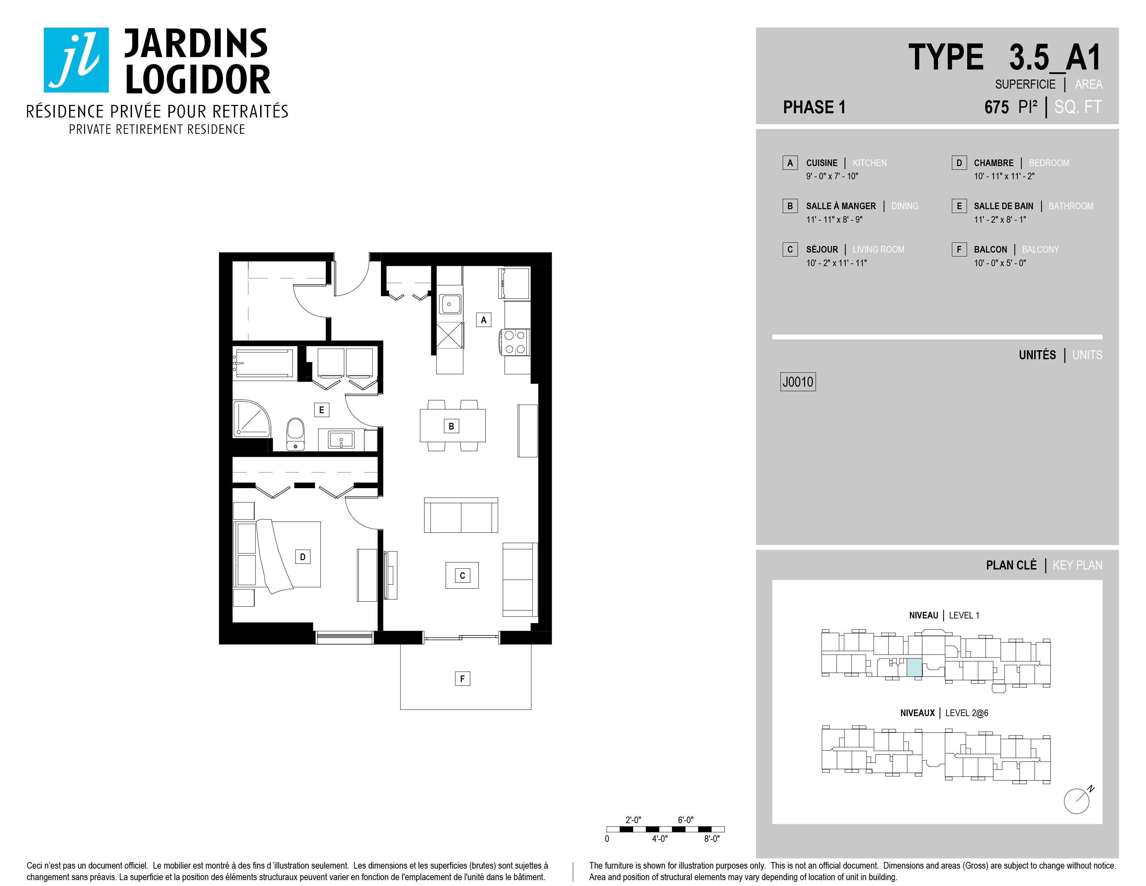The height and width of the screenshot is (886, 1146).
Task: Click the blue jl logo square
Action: tap(76, 60)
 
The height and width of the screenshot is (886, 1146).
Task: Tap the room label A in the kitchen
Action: tap(483, 320)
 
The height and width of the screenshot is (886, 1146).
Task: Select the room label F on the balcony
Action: tap(462, 679)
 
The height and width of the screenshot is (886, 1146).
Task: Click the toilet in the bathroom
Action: tap(296, 434)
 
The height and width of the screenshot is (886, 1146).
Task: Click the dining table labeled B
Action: tap(452, 426)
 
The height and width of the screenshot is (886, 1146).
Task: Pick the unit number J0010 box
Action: tap(798, 382)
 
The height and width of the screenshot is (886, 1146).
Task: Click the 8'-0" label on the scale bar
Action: tap(712, 839)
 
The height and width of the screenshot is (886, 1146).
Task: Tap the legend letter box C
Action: tap(790, 249)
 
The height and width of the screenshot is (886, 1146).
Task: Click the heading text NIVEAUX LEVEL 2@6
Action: tap(944, 713)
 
